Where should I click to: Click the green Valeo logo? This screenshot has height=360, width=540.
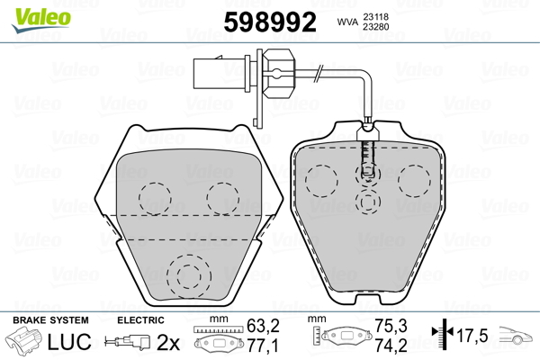coord(41,20)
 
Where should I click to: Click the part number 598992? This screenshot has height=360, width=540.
coord(270,22)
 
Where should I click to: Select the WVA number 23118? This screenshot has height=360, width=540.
coord(375,17)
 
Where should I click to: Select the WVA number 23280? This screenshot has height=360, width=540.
coord(375,27)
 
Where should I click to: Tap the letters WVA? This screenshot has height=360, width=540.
coord(347,22)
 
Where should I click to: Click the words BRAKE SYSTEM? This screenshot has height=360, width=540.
coord(50,320)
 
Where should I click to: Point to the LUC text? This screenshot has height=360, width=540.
coord(69,342)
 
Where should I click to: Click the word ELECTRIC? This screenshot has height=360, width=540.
coord(140,320)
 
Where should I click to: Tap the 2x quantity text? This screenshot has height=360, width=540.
coord(168,342)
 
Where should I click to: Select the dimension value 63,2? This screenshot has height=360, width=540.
coord(263,326)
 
